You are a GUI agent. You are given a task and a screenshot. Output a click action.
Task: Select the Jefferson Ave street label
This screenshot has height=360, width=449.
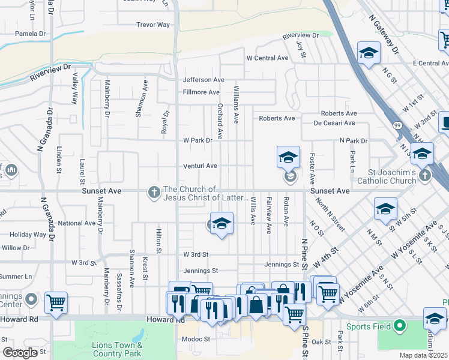tap(203, 80)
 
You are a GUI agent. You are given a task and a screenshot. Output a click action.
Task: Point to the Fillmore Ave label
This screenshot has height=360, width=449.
tap(201, 92)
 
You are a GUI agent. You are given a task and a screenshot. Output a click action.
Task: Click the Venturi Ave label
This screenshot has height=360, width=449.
tap(200, 166)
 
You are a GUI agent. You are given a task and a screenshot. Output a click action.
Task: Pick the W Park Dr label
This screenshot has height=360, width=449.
tap(197, 140)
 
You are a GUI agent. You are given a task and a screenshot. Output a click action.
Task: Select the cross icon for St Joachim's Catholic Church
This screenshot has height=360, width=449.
tap(425, 175)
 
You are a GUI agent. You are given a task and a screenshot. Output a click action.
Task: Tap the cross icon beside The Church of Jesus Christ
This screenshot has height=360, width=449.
tap(154, 192)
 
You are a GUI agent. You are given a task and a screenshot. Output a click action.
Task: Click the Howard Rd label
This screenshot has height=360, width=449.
tap(172, 320)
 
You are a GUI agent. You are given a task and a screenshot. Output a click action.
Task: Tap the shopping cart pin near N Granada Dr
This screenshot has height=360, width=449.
tap(56, 302)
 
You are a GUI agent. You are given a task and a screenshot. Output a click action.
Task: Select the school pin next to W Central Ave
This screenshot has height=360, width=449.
tap(369, 52)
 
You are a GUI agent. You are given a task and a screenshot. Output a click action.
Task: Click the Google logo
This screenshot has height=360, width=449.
tap(20, 353)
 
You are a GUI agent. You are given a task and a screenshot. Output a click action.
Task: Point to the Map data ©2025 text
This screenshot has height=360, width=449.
tap(424, 355)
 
